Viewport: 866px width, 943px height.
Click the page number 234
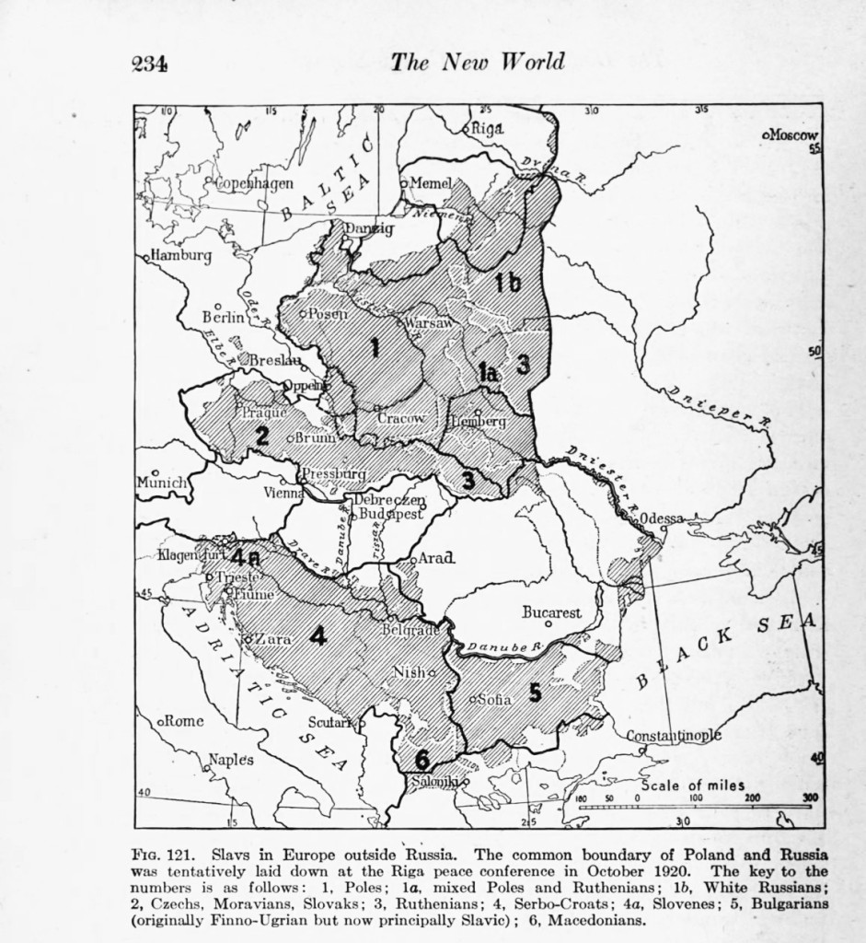[x=148, y=63]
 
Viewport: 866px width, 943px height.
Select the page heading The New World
[x=477, y=62]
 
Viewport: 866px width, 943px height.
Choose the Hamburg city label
[x=180, y=255]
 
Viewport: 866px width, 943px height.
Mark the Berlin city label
[x=223, y=317]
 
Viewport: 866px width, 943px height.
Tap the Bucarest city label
[x=552, y=611]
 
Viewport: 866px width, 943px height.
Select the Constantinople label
[x=674, y=735]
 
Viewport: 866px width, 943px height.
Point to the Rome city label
[x=184, y=720]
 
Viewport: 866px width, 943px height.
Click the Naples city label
[x=230, y=760]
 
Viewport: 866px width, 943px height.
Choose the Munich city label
[x=162, y=482]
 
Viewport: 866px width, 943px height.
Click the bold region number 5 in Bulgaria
[x=535, y=693]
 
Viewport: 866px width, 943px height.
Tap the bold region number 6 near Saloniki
[x=421, y=761]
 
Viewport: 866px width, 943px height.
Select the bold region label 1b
[x=507, y=283]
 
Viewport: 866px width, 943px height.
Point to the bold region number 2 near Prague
[x=261, y=436]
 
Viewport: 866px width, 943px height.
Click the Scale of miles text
[x=692, y=785]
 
